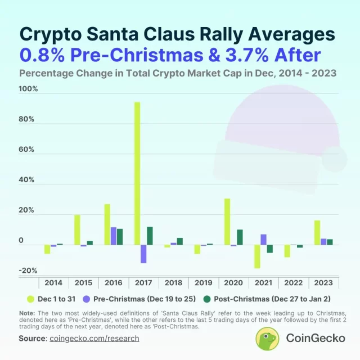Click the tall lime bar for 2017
[x=137, y=173]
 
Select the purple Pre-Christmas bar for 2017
[x=143, y=254]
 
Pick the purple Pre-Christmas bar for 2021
[x=263, y=240]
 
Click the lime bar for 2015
[x=77, y=229]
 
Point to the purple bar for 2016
[x=114, y=236]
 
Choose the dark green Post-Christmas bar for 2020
[x=240, y=237]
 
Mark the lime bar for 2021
[x=257, y=256]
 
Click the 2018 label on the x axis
[x=174, y=282]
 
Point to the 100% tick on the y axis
[x=28, y=89]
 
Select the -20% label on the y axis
[x=28, y=271]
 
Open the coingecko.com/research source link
[x=94, y=338]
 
